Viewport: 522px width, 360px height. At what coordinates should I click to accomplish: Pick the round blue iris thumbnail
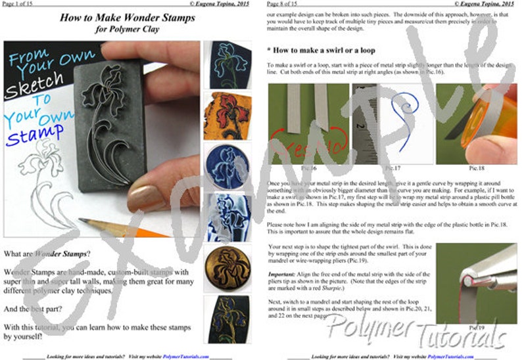click(x=222, y=165)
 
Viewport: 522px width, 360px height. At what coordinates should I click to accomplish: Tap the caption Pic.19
click(x=476, y=326)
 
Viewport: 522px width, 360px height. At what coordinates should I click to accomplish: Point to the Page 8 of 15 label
click(x=285, y=4)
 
